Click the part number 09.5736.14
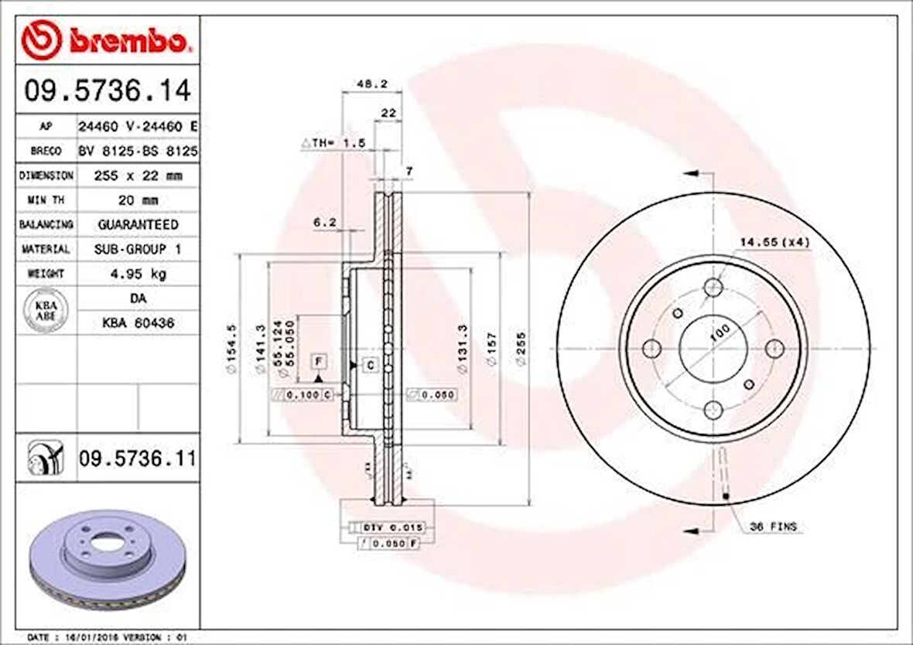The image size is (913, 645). coord(107,91)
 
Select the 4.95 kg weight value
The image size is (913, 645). coord(137,274)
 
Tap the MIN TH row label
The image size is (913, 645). coord(46,200)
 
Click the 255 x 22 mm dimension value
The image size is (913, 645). coord(137,176)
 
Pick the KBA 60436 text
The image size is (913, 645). coord(137,323)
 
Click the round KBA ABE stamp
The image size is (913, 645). coord(46,310)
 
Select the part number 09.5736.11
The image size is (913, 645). coord(136,459)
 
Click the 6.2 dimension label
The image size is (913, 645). coord(324,223)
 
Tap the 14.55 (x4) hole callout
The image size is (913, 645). coord(774,243)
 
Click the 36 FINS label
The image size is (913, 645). coord(773,527)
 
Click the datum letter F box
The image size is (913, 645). coord(317,360)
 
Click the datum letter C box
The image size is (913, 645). coord(371,364)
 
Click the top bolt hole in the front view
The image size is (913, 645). coord(713,288)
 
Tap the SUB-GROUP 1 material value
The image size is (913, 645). coord(137,249)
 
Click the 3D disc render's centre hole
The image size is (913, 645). coord(100,544)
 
